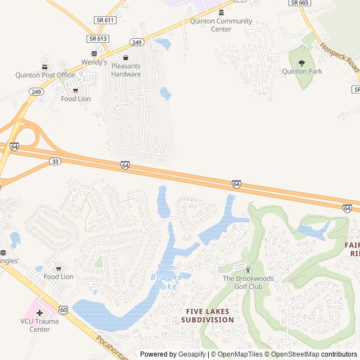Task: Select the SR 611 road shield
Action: click(x=105, y=20)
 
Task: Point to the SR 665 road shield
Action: click(x=300, y=3)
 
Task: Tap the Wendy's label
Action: click(x=94, y=62)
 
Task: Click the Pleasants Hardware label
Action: click(x=126, y=70)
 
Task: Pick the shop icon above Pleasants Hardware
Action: click(x=126, y=57)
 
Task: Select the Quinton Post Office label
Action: click(x=45, y=75)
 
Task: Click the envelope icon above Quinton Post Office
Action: click(x=44, y=66)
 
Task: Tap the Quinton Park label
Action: click(x=302, y=71)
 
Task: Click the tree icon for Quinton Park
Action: click(x=301, y=63)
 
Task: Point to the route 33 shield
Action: click(x=55, y=161)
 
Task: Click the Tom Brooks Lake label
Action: click(x=166, y=277)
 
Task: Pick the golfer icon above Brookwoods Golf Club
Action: click(x=248, y=271)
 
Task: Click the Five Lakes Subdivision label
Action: click(x=207, y=315)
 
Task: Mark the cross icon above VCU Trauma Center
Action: click(x=39, y=313)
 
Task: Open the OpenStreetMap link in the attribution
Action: click(x=292, y=354)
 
